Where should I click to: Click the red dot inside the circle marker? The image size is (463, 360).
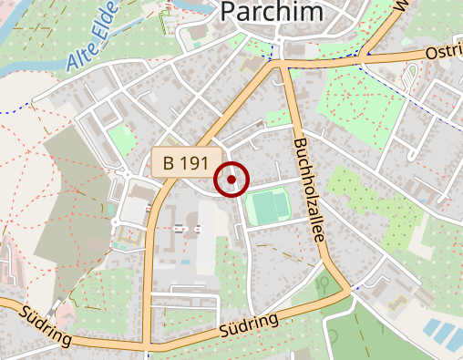pos(232,180)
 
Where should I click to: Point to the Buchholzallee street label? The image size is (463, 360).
pos(311,190)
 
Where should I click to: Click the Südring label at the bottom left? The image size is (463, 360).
pos(43,324)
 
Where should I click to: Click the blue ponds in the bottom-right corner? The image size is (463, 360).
pos(443,332)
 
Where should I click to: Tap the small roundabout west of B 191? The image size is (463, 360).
pos(118,222)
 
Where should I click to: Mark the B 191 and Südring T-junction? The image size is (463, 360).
pos(146,346)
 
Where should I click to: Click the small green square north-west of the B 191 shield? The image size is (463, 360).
pos(119,139)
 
